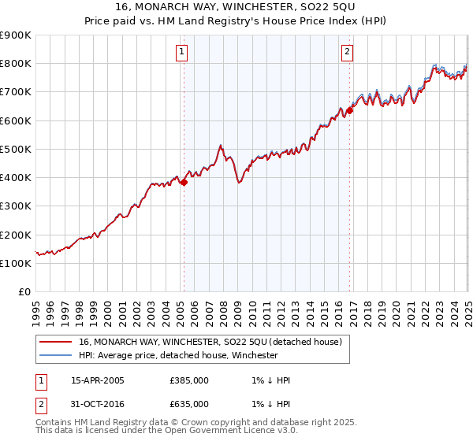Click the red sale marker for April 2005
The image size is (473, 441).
pyautogui.click(x=184, y=182)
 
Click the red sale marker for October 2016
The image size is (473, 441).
pyautogui.click(x=351, y=110)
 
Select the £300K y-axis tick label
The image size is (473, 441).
pyautogui.click(x=16, y=206)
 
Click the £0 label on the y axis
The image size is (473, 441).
pyautogui.click(x=24, y=292)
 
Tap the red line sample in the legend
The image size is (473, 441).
pyautogui.click(x=54, y=342)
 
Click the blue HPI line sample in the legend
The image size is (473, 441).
pyautogui.click(x=54, y=355)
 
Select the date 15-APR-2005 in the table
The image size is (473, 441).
pyautogui.click(x=98, y=380)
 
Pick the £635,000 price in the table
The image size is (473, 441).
pyautogui.click(x=189, y=404)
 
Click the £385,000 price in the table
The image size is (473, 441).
pyautogui.click(x=189, y=380)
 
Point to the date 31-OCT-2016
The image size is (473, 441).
pyautogui.click(x=98, y=404)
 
